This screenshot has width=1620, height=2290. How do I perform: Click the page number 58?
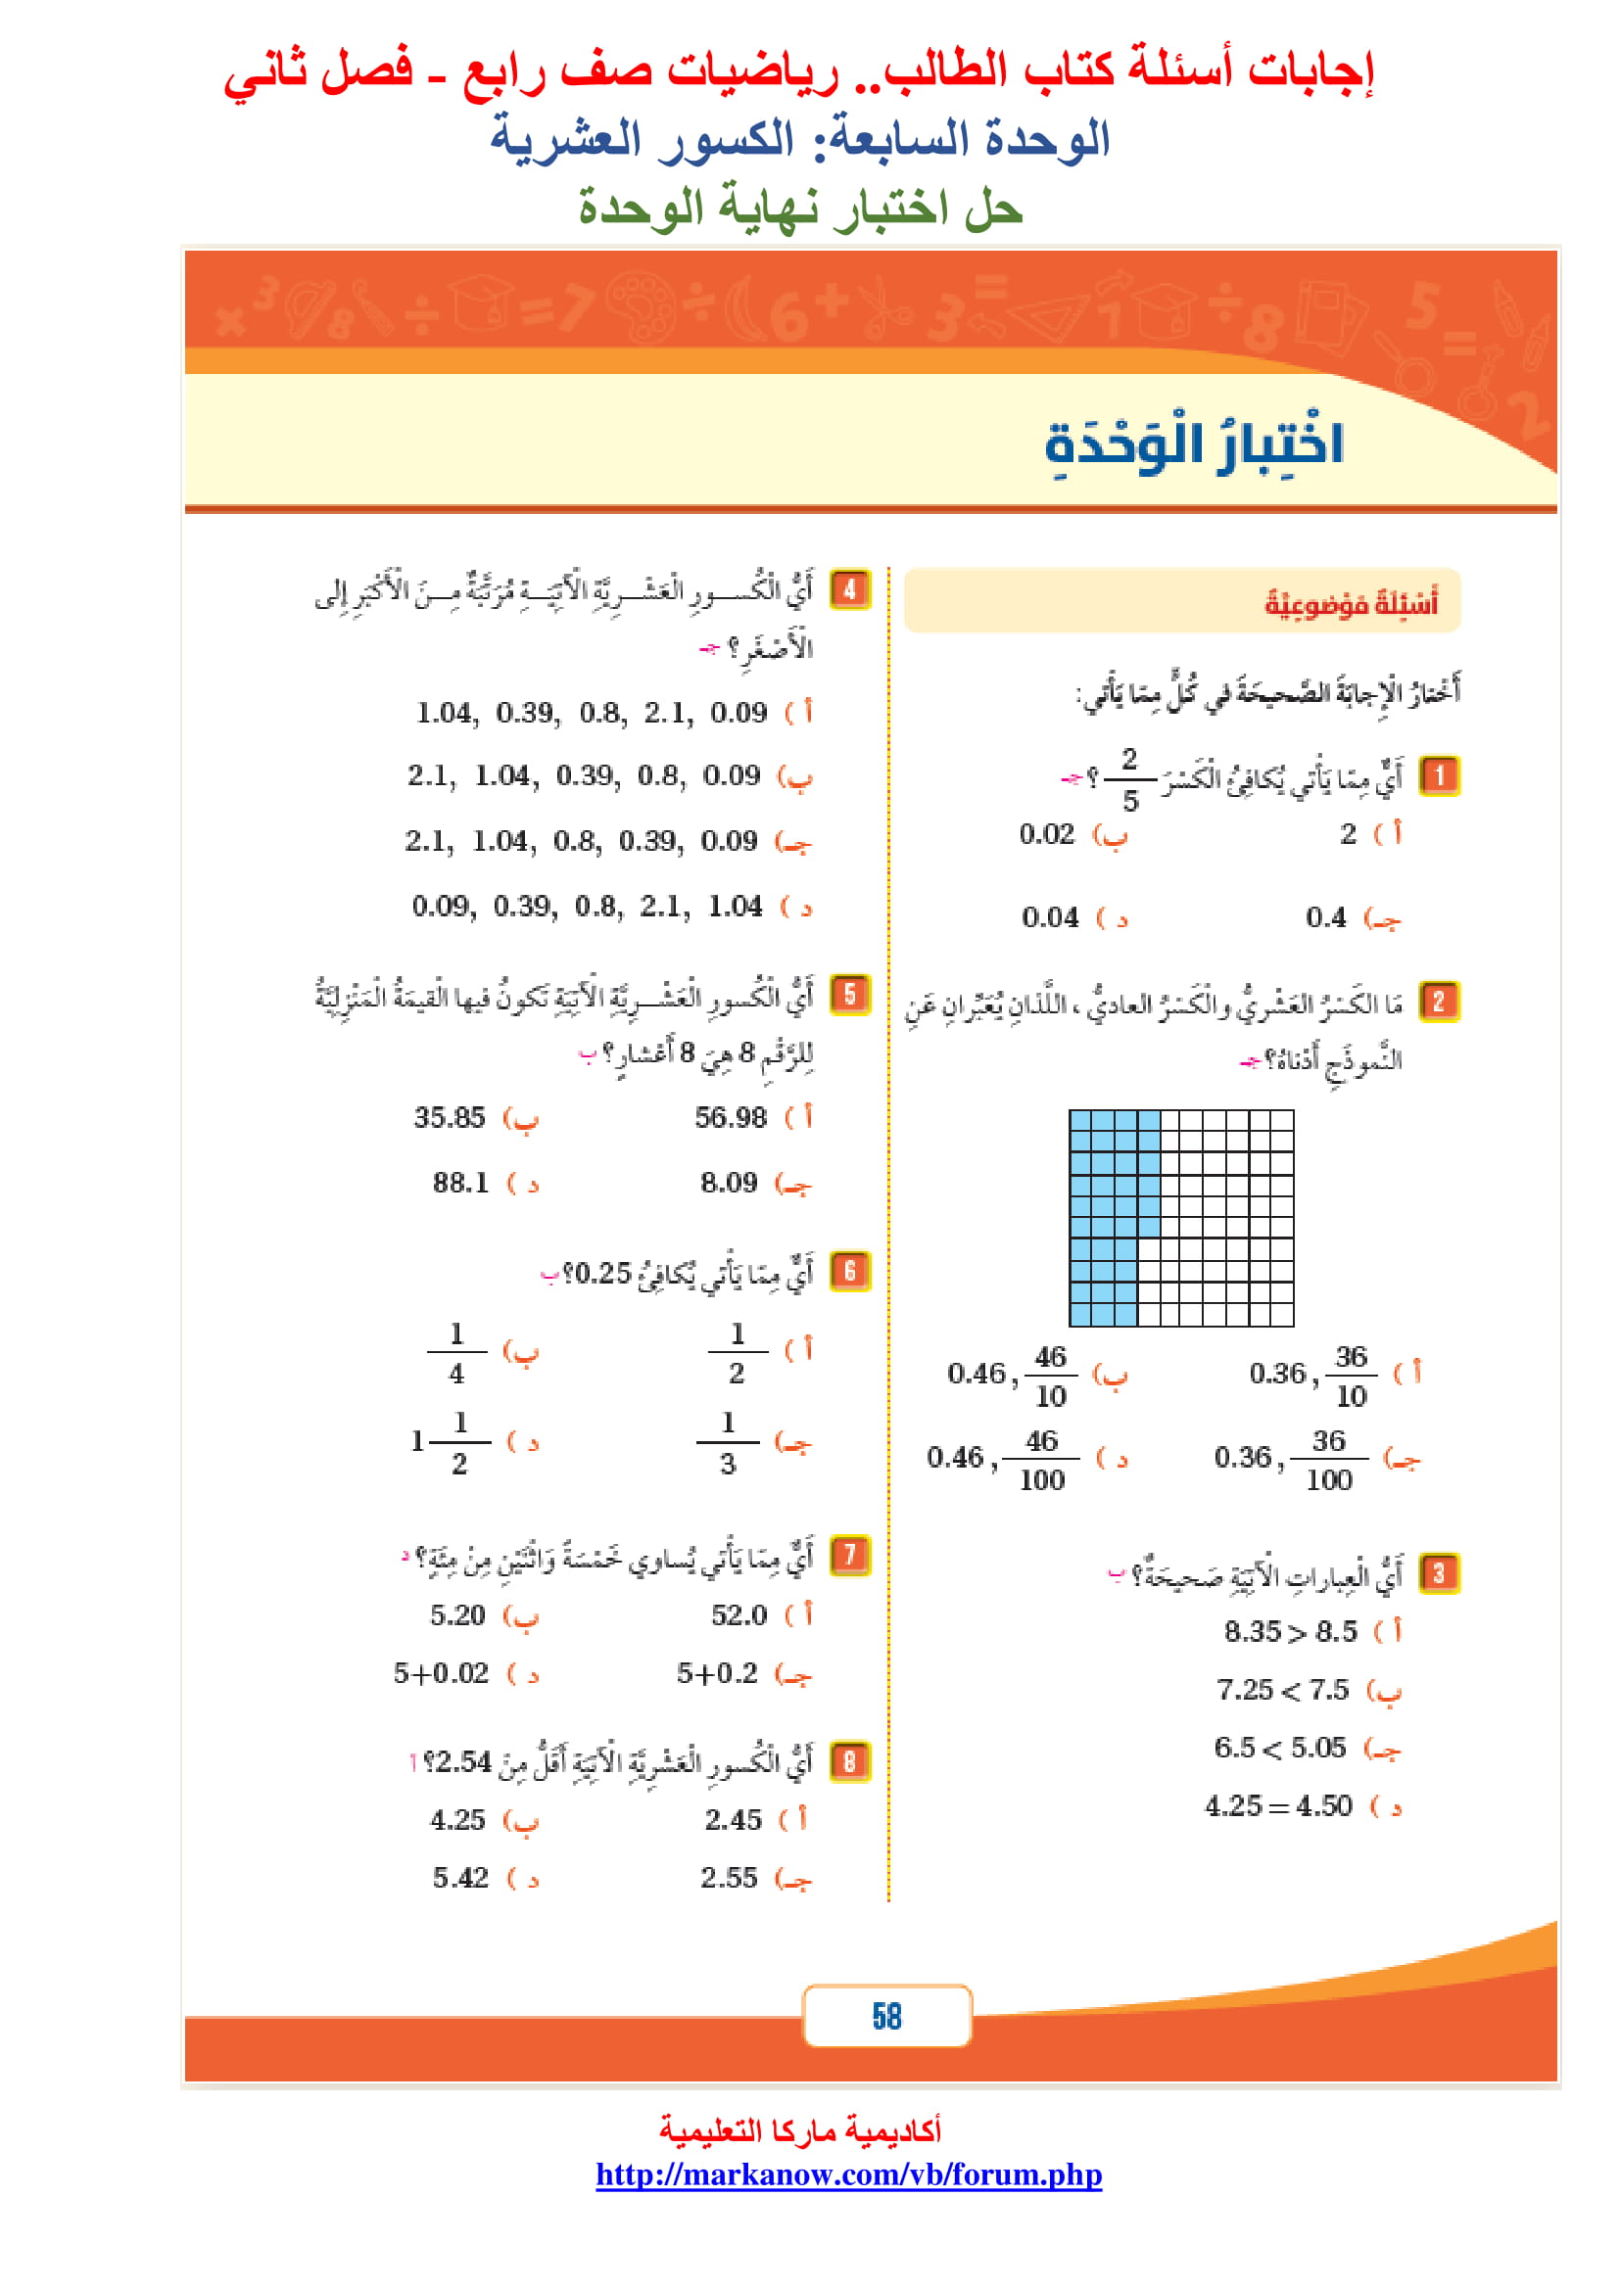click(885, 2016)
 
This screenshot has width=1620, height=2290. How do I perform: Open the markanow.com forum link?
click(848, 2173)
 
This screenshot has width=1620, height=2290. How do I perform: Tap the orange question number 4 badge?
click(850, 589)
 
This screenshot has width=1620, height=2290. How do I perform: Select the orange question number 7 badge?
click(850, 1555)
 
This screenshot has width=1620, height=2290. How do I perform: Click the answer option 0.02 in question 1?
click(1046, 834)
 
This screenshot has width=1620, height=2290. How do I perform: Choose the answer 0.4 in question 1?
click(1325, 917)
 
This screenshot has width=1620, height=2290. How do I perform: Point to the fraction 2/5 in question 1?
click(1129, 779)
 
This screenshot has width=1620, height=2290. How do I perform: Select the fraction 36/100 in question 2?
click(1329, 1459)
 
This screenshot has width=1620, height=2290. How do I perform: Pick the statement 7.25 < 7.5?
click(1282, 1690)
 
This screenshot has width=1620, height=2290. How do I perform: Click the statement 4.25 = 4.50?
click(1278, 1806)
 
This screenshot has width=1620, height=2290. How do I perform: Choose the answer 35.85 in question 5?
click(449, 1117)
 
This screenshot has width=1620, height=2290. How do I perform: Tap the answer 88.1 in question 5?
click(460, 1183)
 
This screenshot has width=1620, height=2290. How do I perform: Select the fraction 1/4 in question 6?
click(456, 1353)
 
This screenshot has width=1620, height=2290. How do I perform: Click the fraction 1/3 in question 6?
click(728, 1442)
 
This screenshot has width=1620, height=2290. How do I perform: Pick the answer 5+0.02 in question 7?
click(441, 1672)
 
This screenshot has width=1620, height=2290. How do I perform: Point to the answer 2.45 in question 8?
click(734, 1820)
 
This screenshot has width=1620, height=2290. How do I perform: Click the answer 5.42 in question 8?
click(460, 1878)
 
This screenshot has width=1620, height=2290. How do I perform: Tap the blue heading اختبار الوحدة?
click(1194, 444)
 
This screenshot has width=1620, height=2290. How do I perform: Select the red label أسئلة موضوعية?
click(1351, 602)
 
